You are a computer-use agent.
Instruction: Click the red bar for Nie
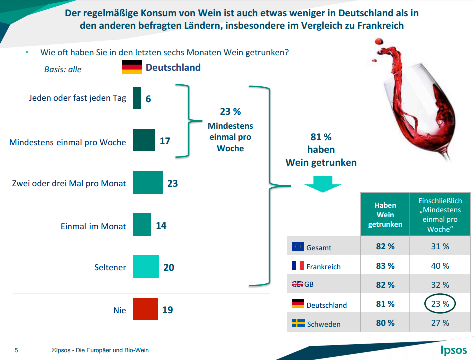[x=145, y=310]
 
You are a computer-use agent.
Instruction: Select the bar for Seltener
[x=146, y=267]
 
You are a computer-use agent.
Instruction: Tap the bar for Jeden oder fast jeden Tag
[x=137, y=98]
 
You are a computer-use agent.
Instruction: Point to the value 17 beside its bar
[x=165, y=141]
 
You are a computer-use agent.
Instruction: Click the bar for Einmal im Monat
[x=142, y=225]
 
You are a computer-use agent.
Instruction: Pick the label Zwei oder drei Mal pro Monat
[x=69, y=184]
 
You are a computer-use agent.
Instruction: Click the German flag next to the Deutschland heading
[x=132, y=67]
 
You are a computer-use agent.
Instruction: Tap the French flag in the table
[x=298, y=266]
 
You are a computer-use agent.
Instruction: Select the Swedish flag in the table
[x=298, y=323]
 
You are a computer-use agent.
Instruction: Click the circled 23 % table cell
[x=440, y=304]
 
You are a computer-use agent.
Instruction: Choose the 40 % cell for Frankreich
[x=440, y=266]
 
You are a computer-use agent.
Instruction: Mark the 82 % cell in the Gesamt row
[x=385, y=246]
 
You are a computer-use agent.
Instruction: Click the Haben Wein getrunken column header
[x=385, y=215]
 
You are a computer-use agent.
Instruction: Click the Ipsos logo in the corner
[x=453, y=350]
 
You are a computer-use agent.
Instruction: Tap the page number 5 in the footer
[x=16, y=350]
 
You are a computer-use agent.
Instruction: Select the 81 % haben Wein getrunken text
[x=321, y=149]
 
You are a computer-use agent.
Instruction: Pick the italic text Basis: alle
[x=63, y=69]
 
